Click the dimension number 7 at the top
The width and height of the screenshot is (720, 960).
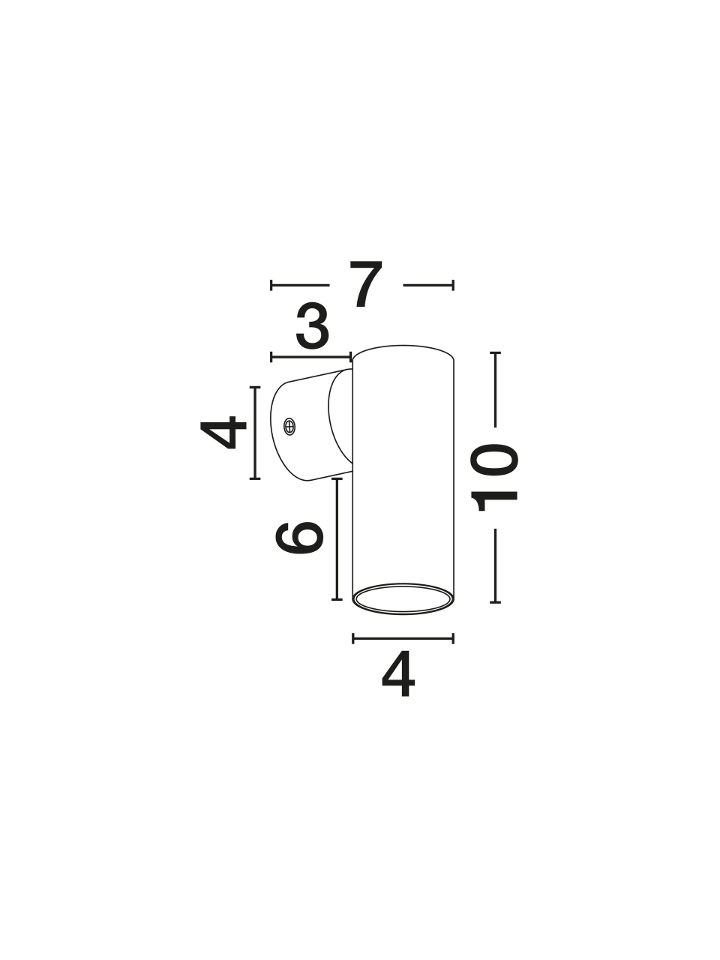366,284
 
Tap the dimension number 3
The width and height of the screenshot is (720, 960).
312,327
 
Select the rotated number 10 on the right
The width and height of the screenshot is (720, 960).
494,478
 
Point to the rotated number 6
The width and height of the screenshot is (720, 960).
299,538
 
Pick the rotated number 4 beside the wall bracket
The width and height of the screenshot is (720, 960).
223,433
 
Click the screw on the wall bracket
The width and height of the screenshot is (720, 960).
289,426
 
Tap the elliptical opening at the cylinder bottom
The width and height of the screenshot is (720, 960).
403,598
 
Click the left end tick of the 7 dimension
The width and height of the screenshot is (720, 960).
271,285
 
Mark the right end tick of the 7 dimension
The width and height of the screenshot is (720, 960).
453,285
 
